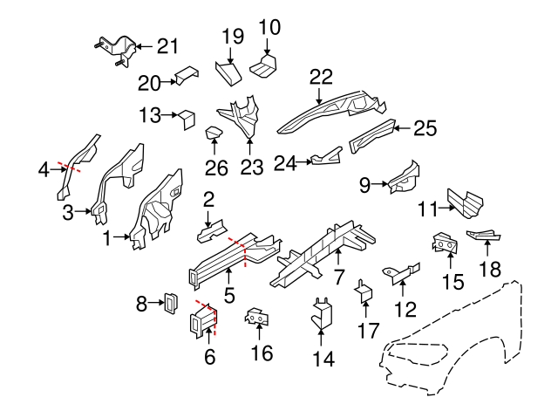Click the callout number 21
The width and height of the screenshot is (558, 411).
point(167,46)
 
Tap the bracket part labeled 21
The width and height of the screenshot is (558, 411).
point(115,51)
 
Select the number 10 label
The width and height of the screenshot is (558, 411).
point(270,27)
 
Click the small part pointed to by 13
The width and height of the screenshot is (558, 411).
point(187,117)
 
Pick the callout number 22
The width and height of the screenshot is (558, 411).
point(321,78)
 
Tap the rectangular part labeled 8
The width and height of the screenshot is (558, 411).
point(170,304)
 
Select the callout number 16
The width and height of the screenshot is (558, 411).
point(262,353)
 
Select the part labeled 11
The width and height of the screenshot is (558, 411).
point(462,202)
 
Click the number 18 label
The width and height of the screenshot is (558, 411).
point(492,268)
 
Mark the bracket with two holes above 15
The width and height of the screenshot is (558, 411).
point(445,244)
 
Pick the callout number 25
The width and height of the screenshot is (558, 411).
point(424,129)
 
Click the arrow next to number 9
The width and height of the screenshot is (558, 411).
point(380,183)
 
